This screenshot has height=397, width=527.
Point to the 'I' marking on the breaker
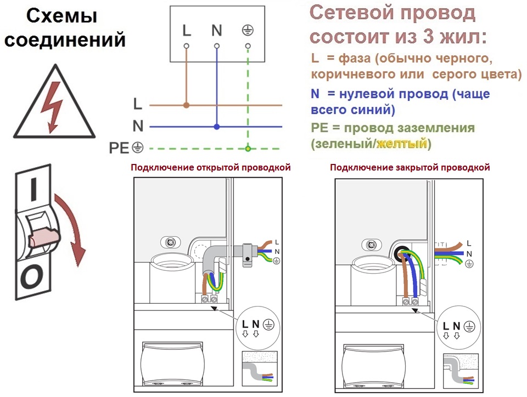(33, 189)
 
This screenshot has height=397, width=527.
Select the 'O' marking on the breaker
(32, 277)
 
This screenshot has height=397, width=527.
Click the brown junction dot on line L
(186, 105)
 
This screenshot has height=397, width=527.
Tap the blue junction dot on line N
(217, 127)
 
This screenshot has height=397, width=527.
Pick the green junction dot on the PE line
(248, 149)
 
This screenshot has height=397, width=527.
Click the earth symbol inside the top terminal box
(248, 31)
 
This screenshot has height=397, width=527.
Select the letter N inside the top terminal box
(217, 31)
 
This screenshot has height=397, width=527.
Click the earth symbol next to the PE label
(137, 148)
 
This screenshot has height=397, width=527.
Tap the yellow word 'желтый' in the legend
(402, 144)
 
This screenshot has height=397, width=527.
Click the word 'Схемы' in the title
(62, 16)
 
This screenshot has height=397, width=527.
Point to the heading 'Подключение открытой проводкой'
(211, 167)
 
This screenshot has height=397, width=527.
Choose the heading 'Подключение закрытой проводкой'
(410, 167)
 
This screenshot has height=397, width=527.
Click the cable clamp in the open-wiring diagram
(247, 256)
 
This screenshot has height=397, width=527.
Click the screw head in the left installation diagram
(171, 242)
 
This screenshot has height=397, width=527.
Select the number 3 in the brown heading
(428, 36)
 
